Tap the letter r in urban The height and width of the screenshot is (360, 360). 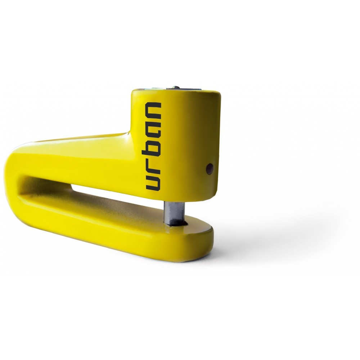153,166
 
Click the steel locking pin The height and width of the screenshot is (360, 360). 172,212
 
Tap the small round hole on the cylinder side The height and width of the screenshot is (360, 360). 210,168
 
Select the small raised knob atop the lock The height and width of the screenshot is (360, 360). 175,87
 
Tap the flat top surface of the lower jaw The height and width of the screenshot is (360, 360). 119,209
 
